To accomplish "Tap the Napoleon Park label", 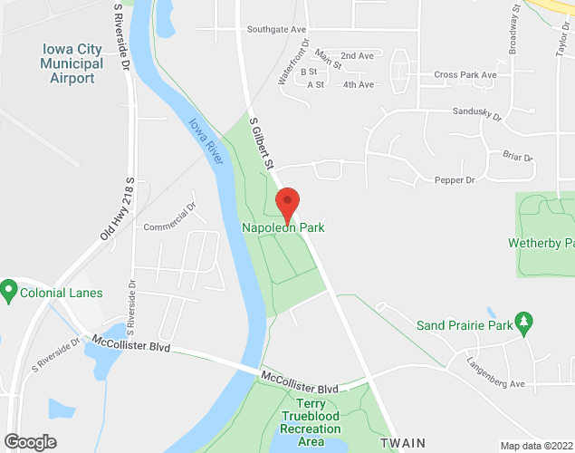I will [283, 228].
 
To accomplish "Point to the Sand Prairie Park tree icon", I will [522, 322].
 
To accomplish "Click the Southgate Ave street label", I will [276, 30].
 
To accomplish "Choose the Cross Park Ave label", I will [465, 74].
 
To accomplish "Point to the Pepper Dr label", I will [455, 180].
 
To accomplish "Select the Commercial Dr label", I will [169, 217].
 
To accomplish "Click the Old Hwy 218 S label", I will [118, 209].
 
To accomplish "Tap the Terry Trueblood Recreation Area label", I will [311, 422].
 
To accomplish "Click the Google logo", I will [29, 442].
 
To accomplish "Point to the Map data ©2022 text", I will [536, 446].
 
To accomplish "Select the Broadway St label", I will [514, 32].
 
